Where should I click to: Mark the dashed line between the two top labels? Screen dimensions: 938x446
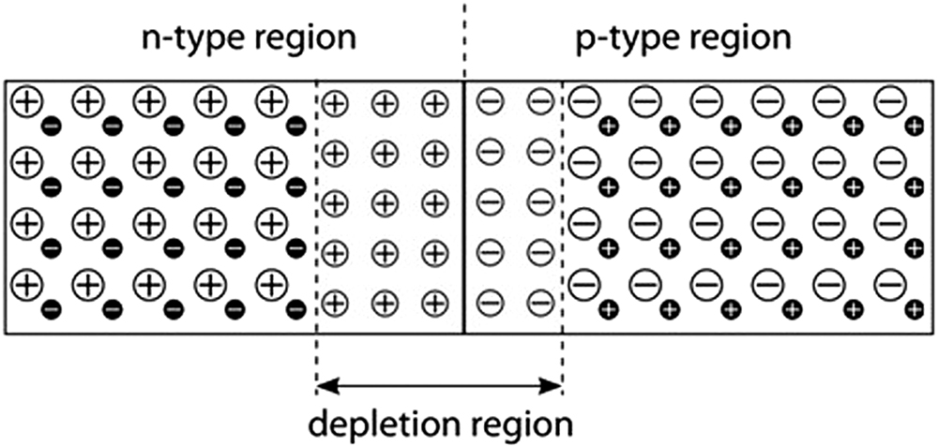click(x=464, y=39)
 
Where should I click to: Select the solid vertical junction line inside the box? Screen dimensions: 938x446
click(x=463, y=207)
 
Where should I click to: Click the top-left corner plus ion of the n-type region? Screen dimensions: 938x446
click(x=26, y=101)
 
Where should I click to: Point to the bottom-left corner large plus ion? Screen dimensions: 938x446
click(x=26, y=285)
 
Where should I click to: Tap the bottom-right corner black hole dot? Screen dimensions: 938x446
click(x=914, y=310)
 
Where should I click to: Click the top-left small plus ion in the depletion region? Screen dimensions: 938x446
click(x=335, y=104)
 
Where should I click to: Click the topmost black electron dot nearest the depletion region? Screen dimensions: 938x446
click(x=295, y=126)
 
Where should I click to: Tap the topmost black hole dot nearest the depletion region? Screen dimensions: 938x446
click(x=608, y=126)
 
